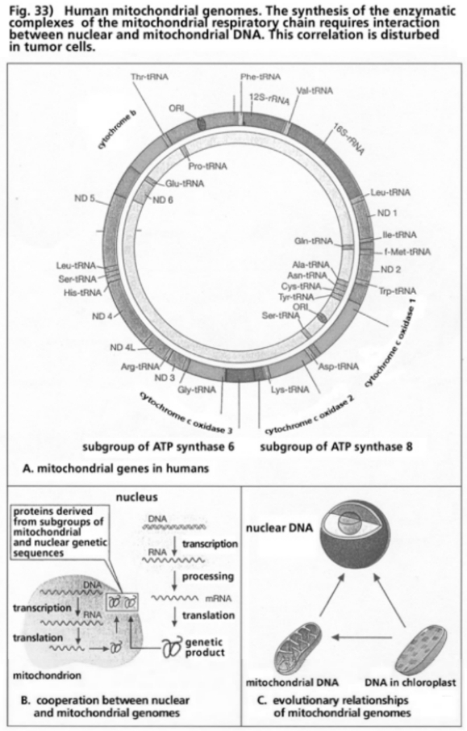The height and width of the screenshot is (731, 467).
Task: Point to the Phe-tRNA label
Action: pos(260,77)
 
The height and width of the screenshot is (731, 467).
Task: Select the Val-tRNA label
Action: pos(315,91)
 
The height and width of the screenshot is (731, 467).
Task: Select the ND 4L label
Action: pos(123,348)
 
